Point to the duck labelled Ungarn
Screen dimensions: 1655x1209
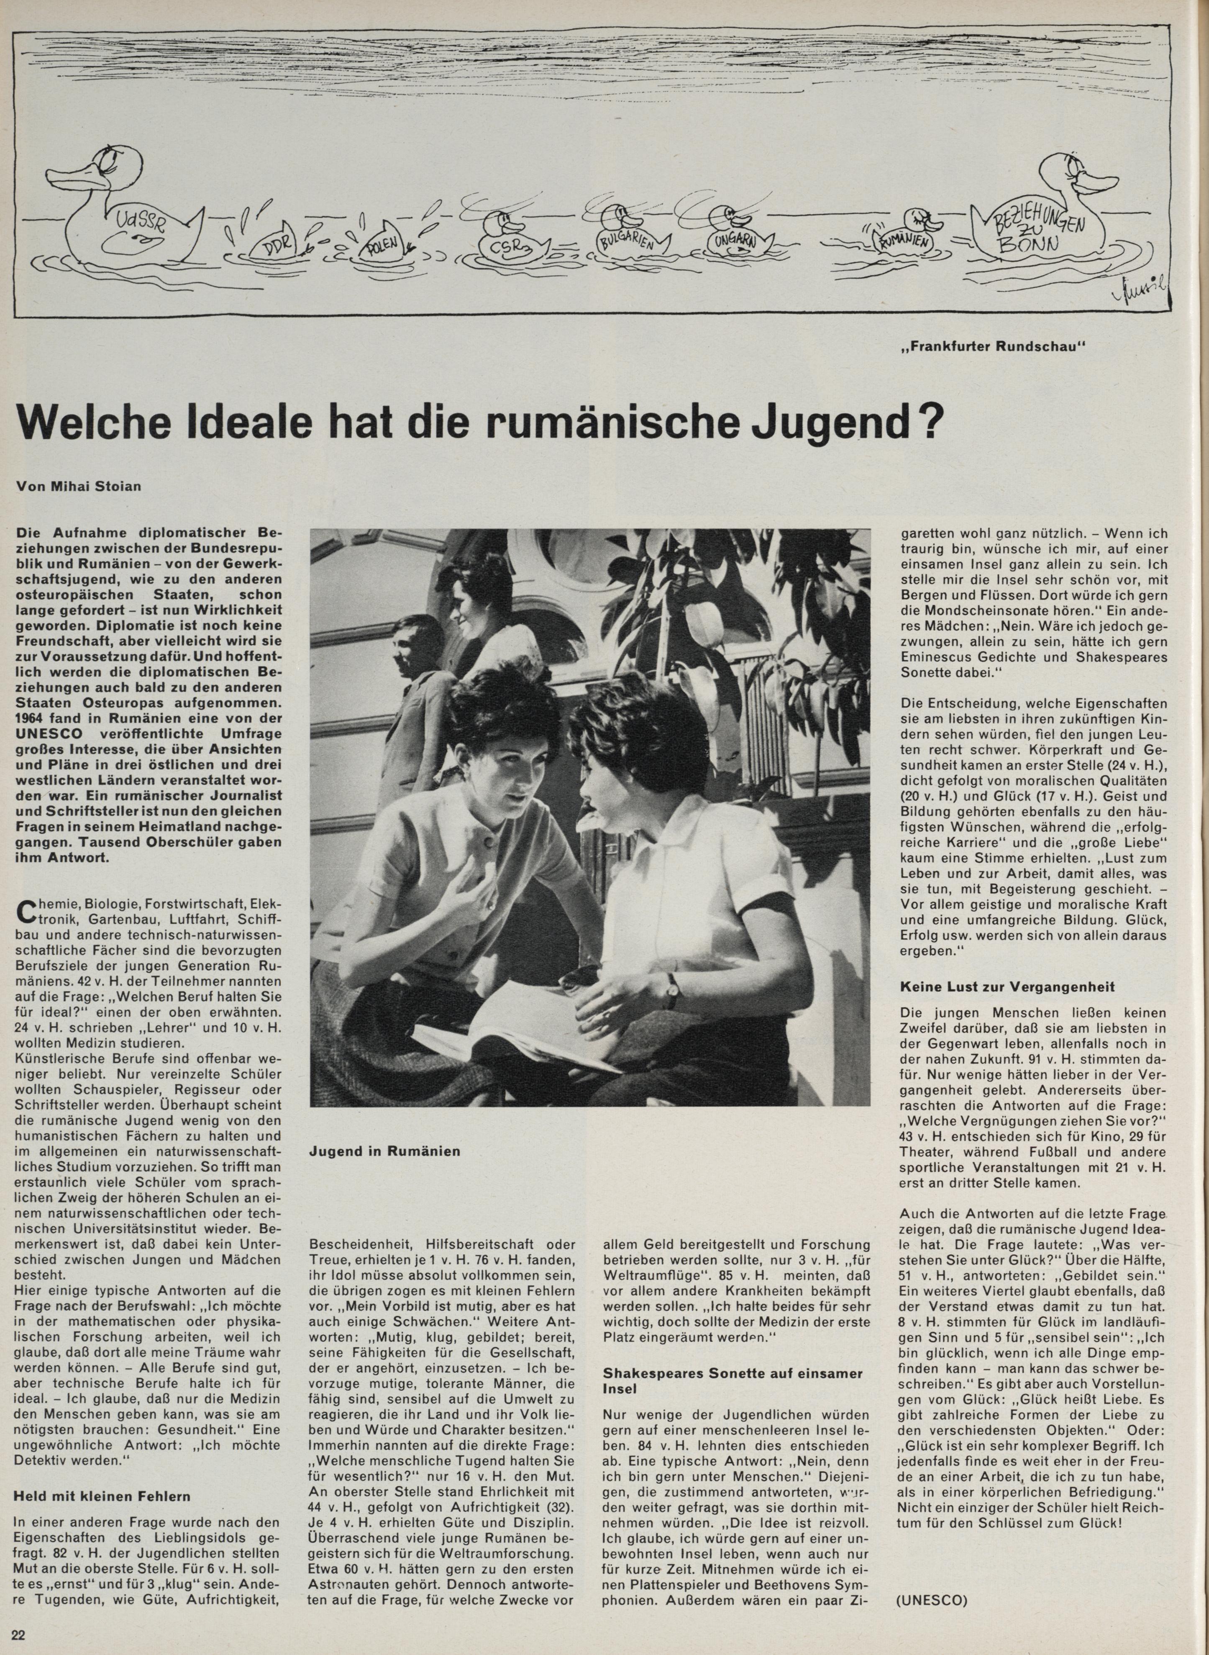tap(735, 235)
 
